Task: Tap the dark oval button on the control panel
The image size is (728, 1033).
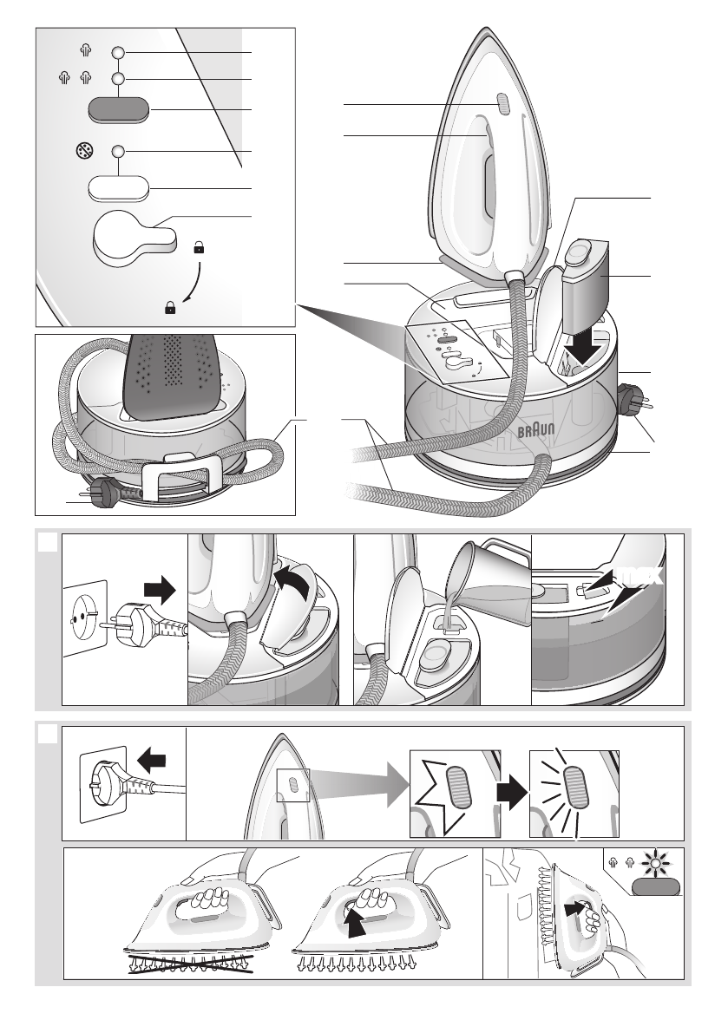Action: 119,109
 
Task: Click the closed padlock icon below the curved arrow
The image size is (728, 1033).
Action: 170,307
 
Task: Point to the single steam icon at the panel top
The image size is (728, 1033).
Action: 83,50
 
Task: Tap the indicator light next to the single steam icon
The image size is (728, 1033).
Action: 119,53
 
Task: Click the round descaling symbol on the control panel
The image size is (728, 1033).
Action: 83,152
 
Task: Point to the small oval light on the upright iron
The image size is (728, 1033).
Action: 502,103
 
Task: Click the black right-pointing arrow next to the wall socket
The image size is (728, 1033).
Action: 160,589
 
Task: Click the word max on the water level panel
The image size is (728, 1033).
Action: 642,577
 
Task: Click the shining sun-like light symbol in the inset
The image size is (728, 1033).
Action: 655,861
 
